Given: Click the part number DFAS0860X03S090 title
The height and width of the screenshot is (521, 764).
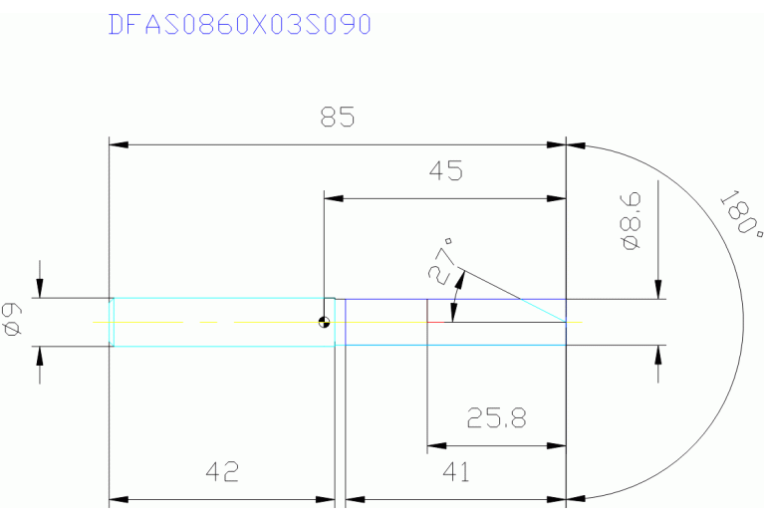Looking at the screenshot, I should point(239,24).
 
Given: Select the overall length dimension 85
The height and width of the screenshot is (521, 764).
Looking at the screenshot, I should point(338,118).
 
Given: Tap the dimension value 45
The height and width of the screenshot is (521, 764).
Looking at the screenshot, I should point(446,171).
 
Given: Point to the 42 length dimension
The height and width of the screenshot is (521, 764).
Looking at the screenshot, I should point(222,471).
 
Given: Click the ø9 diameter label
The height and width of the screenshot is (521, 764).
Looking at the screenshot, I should point(13,321).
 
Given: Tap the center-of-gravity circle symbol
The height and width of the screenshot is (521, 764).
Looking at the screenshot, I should point(324,322).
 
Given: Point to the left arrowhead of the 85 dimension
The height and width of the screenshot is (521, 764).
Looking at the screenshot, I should point(118,145).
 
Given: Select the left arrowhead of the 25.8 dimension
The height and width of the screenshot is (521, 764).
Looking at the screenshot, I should point(436,445).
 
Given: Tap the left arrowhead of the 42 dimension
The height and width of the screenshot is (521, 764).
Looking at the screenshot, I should point(118,498).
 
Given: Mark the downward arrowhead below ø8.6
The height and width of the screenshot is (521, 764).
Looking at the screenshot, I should point(657,288).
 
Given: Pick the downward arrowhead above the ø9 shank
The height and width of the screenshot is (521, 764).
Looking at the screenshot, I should point(40,289).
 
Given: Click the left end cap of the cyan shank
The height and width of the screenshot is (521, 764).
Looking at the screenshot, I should point(113,322).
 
